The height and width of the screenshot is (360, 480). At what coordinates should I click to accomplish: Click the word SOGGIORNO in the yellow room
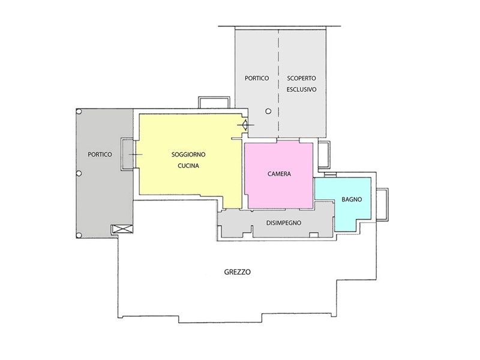tap(188, 155)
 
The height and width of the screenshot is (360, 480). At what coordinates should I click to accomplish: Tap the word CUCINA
tap(188, 166)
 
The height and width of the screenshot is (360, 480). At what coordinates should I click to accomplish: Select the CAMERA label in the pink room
tap(279, 174)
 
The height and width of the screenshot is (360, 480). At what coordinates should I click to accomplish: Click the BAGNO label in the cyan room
tap(352, 200)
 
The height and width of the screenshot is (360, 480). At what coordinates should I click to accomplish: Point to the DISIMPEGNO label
tap(283, 223)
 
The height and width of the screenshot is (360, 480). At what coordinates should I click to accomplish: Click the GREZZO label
tap(237, 272)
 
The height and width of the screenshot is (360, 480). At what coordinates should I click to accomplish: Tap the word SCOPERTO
tap(301, 79)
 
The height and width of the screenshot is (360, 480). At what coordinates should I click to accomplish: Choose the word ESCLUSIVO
tap(301, 89)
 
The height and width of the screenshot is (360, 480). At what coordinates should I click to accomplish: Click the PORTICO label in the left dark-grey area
tap(100, 155)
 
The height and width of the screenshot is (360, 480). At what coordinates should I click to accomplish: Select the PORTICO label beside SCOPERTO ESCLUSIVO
tap(257, 79)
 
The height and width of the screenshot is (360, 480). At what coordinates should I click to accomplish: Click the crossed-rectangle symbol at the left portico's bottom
tap(122, 229)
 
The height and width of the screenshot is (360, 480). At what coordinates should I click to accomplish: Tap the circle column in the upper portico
tap(268, 111)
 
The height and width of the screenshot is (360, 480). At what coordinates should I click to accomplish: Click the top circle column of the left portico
tap(79, 112)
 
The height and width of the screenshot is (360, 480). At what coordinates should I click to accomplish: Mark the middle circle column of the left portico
tap(79, 173)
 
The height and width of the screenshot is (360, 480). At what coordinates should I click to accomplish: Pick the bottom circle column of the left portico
tap(79, 235)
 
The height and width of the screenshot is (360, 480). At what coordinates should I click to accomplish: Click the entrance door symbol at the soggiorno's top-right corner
tap(245, 125)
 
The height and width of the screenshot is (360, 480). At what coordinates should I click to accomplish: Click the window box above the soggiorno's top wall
tap(214, 97)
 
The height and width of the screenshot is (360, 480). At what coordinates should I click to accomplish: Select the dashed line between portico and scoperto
tap(278, 83)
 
